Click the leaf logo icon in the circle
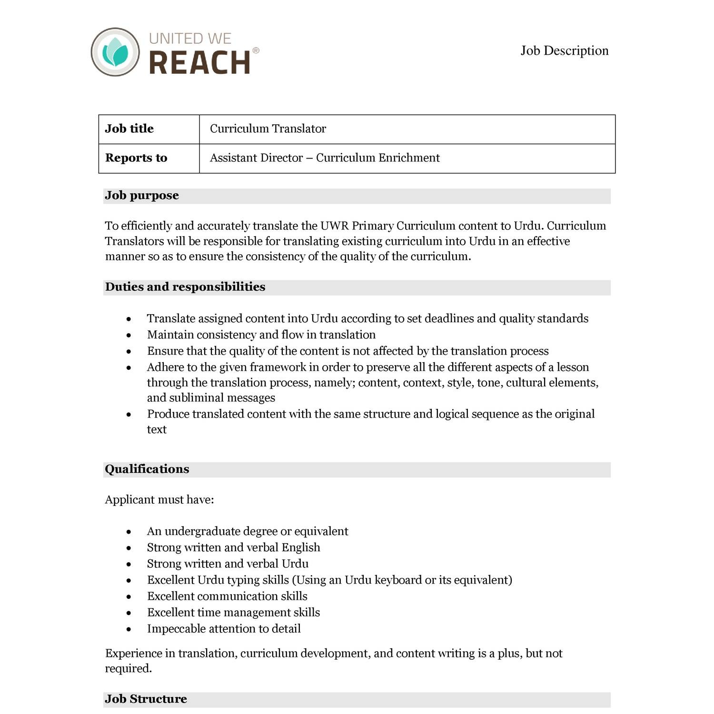pyautogui.click(x=115, y=52)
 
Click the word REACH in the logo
pyautogui.click(x=200, y=62)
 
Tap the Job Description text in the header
pyautogui.click(x=564, y=50)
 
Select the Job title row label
pyautogui.click(x=129, y=129)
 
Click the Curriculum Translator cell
pyautogui.click(x=268, y=129)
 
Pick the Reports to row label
pyautogui.click(x=136, y=158)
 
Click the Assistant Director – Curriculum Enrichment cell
pyautogui.click(x=325, y=158)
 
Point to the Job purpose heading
pyautogui.click(x=142, y=196)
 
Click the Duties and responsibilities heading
pyautogui.click(x=185, y=287)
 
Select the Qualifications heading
pyautogui.click(x=147, y=469)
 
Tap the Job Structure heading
pyautogui.click(x=146, y=699)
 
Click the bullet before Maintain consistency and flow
pyautogui.click(x=129, y=336)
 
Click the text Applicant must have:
pyautogui.click(x=159, y=500)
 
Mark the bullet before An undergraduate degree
pyautogui.click(x=129, y=532)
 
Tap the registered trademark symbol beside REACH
pyautogui.click(x=256, y=50)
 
